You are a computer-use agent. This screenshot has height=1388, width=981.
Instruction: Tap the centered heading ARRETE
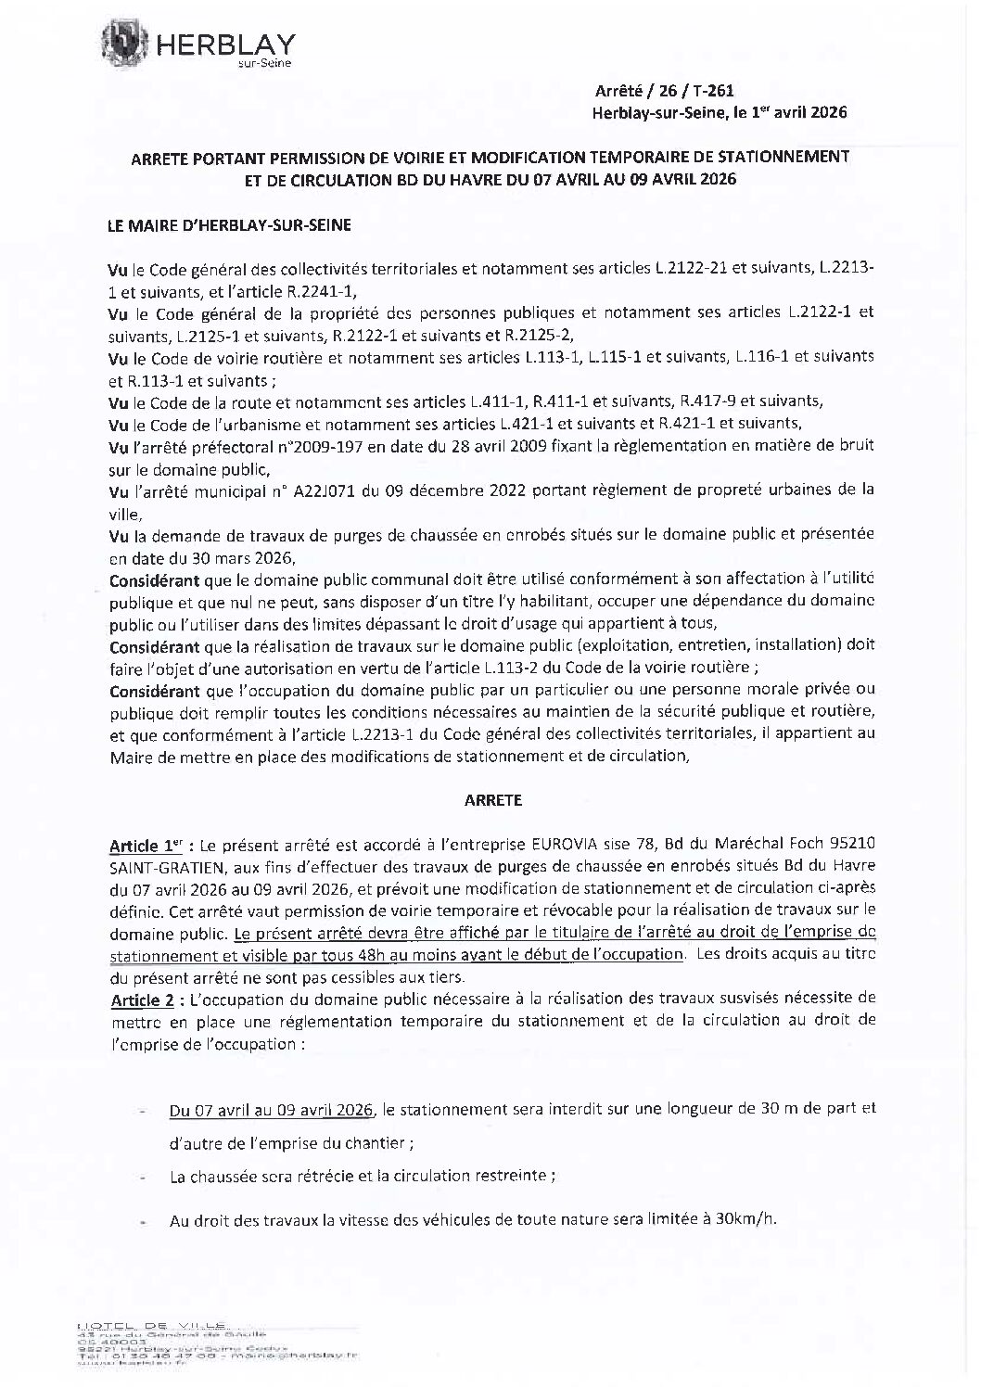pyautogui.click(x=493, y=799)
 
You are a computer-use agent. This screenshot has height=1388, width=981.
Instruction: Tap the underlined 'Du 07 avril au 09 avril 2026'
pyautogui.click(x=271, y=1109)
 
